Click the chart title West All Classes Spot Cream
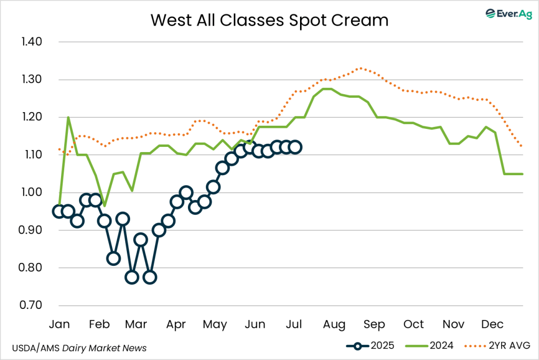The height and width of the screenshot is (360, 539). point(269,20)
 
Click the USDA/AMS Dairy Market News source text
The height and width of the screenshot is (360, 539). point(79,348)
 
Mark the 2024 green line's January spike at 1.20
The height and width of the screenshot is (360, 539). point(68,117)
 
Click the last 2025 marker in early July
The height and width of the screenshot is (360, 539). point(295,147)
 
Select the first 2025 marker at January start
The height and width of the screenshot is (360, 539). point(59,211)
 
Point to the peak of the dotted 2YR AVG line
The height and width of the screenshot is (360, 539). point(360,68)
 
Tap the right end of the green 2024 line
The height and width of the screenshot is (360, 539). point(522,174)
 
